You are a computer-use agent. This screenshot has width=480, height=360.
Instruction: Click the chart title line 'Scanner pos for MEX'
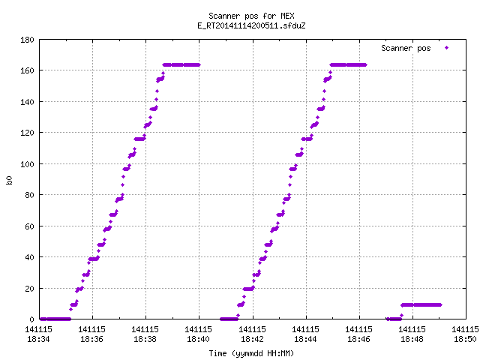click(x=251, y=16)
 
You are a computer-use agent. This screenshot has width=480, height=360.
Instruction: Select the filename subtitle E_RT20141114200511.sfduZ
click(x=251, y=25)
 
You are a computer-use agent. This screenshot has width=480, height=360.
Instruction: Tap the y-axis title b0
click(x=9, y=180)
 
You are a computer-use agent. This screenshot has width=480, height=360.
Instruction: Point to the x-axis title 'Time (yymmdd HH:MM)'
click(x=251, y=353)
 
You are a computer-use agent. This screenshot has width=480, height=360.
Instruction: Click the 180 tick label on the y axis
click(x=27, y=40)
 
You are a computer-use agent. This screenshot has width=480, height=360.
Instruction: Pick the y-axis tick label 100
click(x=27, y=164)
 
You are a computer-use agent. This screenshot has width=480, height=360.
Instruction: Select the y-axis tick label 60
click(x=29, y=226)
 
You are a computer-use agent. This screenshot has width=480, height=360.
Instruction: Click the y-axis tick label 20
click(x=29, y=288)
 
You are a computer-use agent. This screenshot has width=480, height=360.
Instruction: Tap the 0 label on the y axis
click(x=31, y=319)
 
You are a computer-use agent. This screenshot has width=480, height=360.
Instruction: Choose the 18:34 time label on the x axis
click(x=38, y=339)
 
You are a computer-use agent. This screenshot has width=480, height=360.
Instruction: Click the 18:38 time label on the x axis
click(x=145, y=339)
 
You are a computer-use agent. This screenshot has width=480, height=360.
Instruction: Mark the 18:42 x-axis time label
click(x=252, y=339)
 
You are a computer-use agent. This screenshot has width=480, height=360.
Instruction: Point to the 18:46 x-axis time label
click(x=358, y=339)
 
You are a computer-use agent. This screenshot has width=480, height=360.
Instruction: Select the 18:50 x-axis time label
click(x=465, y=339)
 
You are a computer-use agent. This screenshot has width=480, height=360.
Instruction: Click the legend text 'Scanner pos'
click(x=406, y=48)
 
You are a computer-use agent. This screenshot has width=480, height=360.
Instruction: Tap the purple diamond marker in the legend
click(x=447, y=47)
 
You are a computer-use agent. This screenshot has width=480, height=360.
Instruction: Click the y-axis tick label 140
click(x=27, y=102)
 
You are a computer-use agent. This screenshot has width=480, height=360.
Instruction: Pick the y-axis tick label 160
click(x=27, y=70)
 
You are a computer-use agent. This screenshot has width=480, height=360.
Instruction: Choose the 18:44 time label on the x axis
click(x=305, y=339)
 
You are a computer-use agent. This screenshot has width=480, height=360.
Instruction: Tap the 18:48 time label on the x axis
click(x=412, y=339)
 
